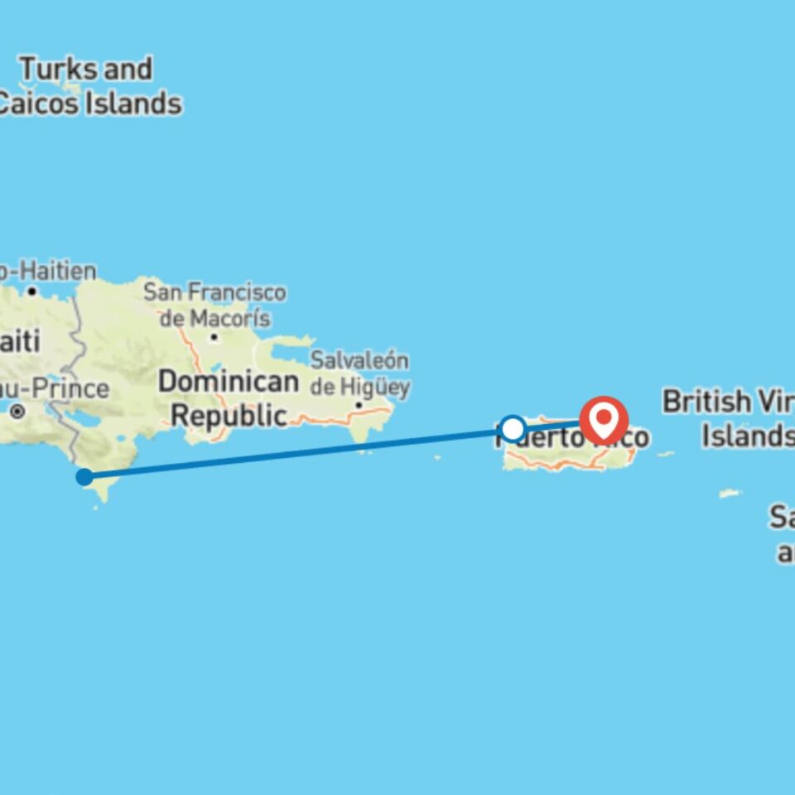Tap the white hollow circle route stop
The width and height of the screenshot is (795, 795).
[x=513, y=429]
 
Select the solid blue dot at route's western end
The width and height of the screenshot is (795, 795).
[x=84, y=476]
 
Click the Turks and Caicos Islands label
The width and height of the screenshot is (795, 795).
[x=87, y=86]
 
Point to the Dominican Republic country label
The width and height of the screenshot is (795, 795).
[x=228, y=398]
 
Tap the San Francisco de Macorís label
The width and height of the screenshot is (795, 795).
[x=214, y=305]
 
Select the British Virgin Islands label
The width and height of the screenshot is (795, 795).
[x=729, y=418]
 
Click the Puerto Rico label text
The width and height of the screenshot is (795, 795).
[x=571, y=436]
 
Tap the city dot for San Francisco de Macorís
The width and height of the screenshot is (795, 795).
[x=214, y=337]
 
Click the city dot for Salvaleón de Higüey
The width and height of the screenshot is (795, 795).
[x=359, y=405]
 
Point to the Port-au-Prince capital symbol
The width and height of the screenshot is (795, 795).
[x=17, y=411]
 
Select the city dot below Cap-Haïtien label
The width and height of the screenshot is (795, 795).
[x=31, y=291]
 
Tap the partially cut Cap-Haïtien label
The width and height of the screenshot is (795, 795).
[x=48, y=271]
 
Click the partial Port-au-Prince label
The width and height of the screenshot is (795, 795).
[x=55, y=388]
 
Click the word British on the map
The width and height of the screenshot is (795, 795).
[x=706, y=402]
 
